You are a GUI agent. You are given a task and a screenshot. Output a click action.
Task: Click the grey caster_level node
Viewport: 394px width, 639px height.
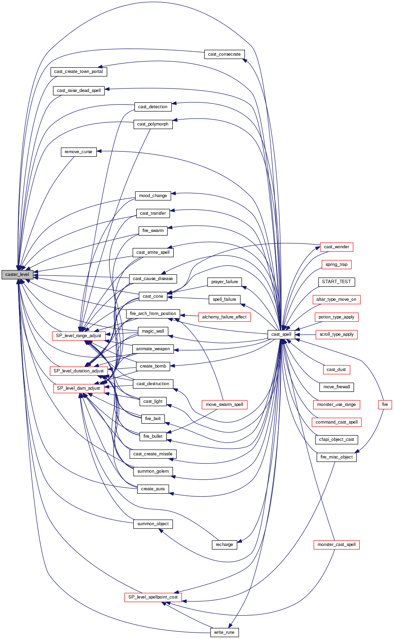(x=17, y=275)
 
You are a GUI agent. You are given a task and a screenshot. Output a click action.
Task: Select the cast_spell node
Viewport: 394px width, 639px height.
(x=281, y=334)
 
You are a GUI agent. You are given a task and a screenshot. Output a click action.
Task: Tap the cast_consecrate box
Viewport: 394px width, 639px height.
(x=224, y=54)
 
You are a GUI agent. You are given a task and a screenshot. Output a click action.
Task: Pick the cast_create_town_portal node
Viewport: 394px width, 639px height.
(x=79, y=72)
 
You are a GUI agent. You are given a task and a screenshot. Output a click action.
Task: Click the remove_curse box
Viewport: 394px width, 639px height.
(x=79, y=152)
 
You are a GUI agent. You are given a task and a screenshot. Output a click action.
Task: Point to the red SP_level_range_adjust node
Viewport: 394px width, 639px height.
(x=79, y=336)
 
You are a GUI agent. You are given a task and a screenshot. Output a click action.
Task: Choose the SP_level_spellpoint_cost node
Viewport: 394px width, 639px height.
(x=153, y=597)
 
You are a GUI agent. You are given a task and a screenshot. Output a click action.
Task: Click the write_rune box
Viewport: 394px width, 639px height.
(x=224, y=632)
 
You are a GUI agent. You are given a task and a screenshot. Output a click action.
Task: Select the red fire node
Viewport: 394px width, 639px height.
(x=385, y=405)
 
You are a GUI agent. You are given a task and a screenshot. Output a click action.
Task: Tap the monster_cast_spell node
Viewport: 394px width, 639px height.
(x=336, y=545)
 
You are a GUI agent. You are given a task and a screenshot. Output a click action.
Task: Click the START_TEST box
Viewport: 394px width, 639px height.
(x=336, y=282)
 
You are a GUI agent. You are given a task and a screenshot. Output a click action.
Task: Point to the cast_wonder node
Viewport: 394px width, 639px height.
(x=336, y=247)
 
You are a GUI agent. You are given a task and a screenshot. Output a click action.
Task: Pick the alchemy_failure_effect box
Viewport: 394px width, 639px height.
(x=224, y=317)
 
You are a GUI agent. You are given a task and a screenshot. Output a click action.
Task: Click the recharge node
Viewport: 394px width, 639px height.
(x=224, y=545)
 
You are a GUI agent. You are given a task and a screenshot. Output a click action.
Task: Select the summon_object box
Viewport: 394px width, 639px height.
(x=153, y=524)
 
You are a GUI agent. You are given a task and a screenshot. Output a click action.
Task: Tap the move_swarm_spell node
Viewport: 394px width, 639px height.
(x=224, y=405)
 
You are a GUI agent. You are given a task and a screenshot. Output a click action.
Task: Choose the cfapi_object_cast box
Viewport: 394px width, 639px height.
(x=336, y=439)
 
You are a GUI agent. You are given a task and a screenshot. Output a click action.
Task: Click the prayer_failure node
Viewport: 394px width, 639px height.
(x=224, y=282)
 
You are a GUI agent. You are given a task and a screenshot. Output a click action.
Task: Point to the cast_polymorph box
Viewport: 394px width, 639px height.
(x=153, y=124)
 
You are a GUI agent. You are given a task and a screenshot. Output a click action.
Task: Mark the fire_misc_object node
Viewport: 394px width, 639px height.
(x=336, y=457)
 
